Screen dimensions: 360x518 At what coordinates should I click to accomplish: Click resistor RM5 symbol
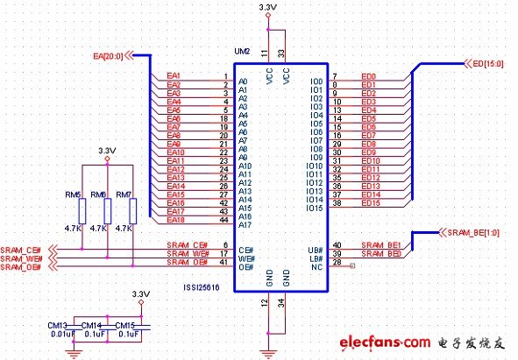pos(82,211)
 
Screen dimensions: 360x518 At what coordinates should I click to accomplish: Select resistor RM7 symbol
pos(132,211)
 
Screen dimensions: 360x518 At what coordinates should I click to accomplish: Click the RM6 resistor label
pos(98,194)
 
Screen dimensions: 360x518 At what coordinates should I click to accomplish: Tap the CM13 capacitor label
pos(58,323)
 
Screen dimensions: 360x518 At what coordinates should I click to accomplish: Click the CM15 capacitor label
pos(129,323)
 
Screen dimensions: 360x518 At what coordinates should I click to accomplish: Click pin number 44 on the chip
pos(225,220)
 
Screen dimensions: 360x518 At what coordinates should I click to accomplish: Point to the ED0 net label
pos(368,76)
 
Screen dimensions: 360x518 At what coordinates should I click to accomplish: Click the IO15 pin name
pos(314,207)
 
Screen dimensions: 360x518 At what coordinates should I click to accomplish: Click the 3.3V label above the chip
pos(269,8)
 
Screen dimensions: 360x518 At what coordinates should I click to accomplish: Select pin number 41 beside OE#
pos(225,262)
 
